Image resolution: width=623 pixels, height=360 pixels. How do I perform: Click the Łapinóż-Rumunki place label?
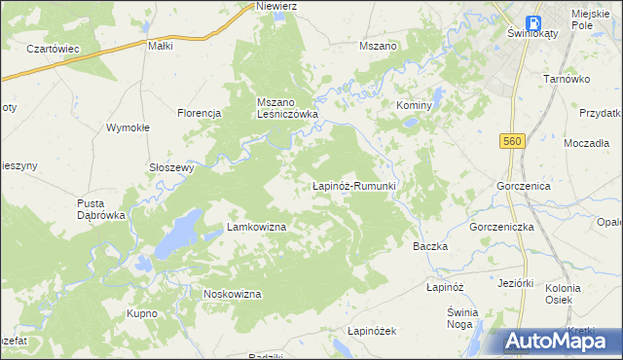pyautogui.click(x=352, y=185)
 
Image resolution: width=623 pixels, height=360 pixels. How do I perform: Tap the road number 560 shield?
pyautogui.click(x=515, y=142)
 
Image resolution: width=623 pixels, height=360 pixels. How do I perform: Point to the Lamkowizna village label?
pyautogui.click(x=256, y=227)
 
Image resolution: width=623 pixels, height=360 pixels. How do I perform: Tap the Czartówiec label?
pyautogui.click(x=53, y=48)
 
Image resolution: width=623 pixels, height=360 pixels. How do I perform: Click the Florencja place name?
pyautogui.click(x=201, y=113)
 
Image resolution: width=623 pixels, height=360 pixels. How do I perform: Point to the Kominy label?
pyautogui.click(x=414, y=104)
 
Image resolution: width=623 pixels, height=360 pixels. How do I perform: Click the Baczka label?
pyautogui.click(x=430, y=246)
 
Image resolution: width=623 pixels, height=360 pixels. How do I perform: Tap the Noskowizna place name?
pyautogui.click(x=232, y=294)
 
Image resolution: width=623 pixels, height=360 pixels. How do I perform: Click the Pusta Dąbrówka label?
pyautogui.click(x=102, y=209)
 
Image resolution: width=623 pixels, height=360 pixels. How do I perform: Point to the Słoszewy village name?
pyautogui.click(x=172, y=166)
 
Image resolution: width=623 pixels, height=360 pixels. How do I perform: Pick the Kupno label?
pyautogui.click(x=142, y=313)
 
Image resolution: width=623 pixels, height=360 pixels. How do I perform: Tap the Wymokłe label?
pyautogui.click(x=127, y=127)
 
